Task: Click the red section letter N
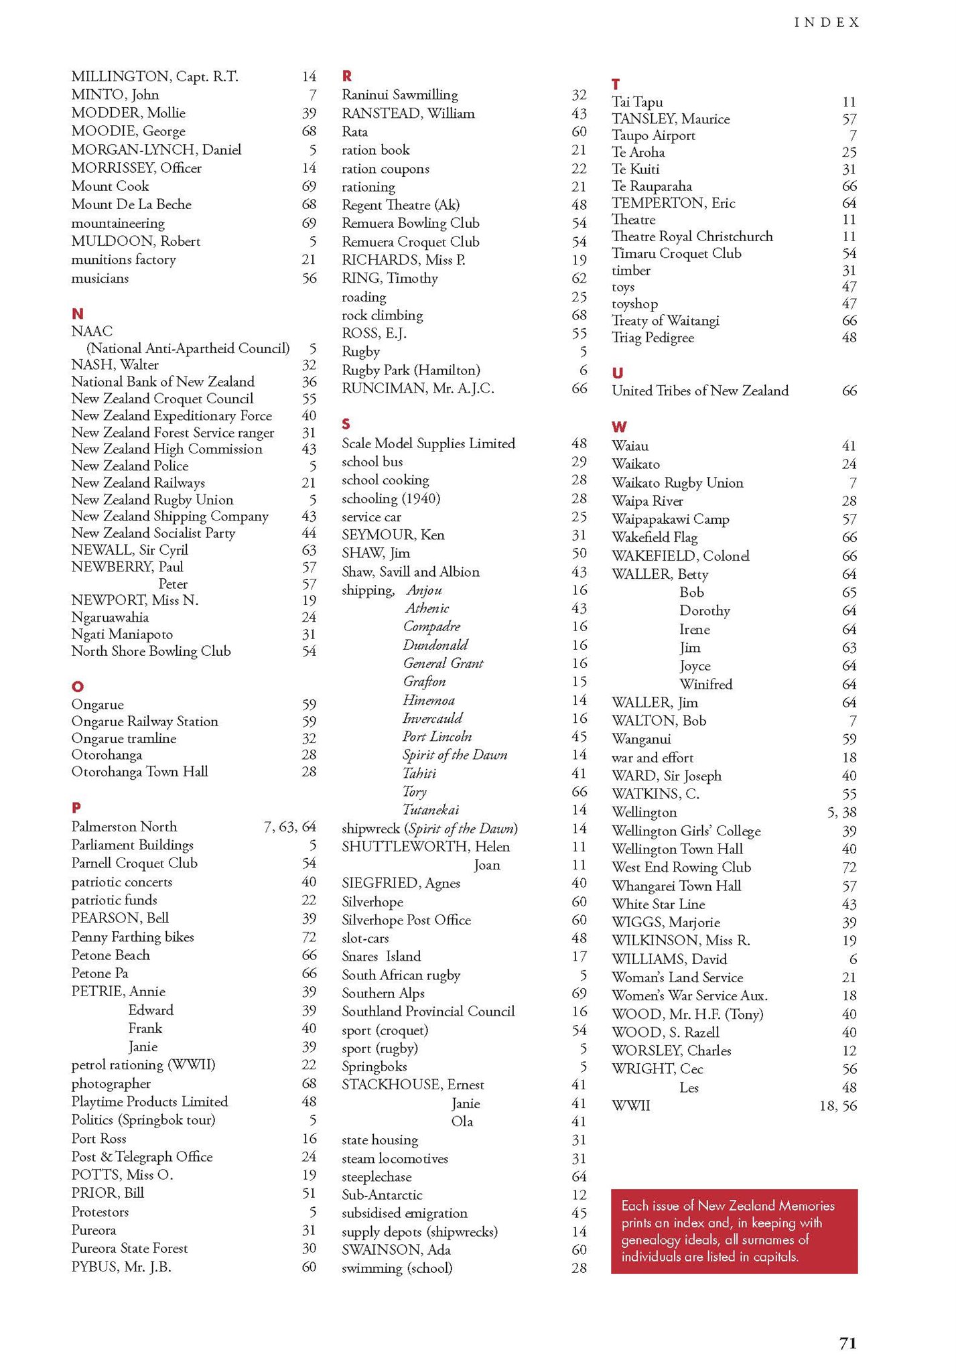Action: (x=77, y=314)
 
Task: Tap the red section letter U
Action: (x=617, y=373)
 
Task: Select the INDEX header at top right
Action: (x=827, y=23)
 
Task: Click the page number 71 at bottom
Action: (x=847, y=1343)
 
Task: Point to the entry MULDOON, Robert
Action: (x=135, y=241)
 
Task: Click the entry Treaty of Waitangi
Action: (x=665, y=321)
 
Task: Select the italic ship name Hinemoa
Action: (x=429, y=700)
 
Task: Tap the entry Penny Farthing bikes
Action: (x=132, y=937)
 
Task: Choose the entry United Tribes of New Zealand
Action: (x=699, y=391)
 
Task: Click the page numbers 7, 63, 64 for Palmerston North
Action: (x=289, y=827)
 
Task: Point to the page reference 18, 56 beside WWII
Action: (x=837, y=1106)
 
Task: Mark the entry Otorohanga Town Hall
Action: (x=139, y=772)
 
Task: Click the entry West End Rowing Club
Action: (x=681, y=868)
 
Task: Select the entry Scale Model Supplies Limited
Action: (x=428, y=443)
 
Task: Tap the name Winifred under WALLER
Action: (x=705, y=685)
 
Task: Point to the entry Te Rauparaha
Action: (x=651, y=186)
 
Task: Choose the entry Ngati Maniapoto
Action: (x=122, y=634)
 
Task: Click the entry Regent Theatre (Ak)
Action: (x=401, y=205)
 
